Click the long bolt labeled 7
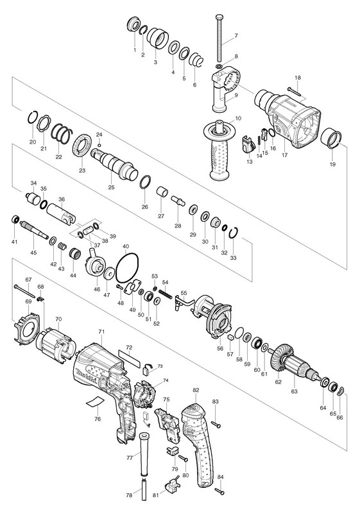(x=219, y=39)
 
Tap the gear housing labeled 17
(x=287, y=119)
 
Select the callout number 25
(x=111, y=187)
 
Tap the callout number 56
(x=220, y=349)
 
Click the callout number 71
(x=101, y=332)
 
